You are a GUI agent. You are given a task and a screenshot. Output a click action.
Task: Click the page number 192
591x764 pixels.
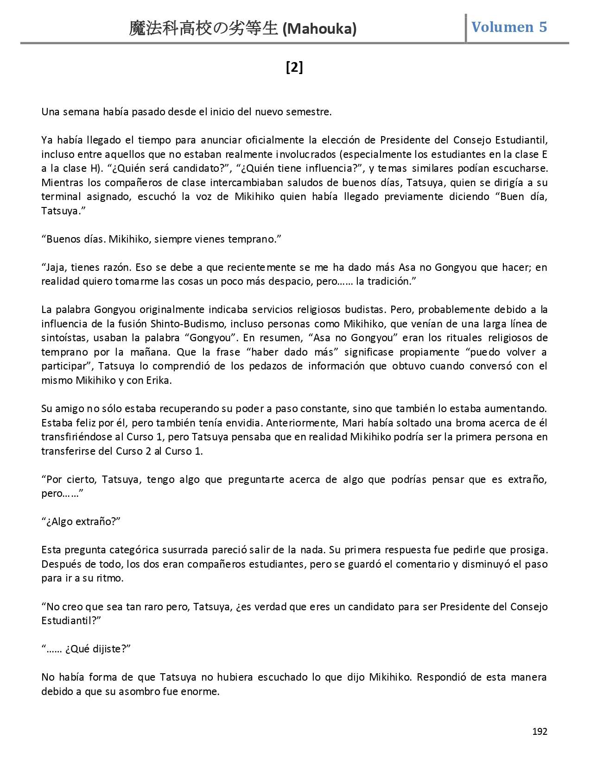click(x=540, y=731)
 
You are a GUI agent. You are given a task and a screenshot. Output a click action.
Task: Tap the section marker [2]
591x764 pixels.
click(x=294, y=68)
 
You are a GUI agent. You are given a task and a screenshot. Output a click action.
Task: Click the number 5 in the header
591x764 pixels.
click(x=542, y=27)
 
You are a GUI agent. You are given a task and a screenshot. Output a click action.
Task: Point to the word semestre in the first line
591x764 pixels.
click(x=311, y=112)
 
